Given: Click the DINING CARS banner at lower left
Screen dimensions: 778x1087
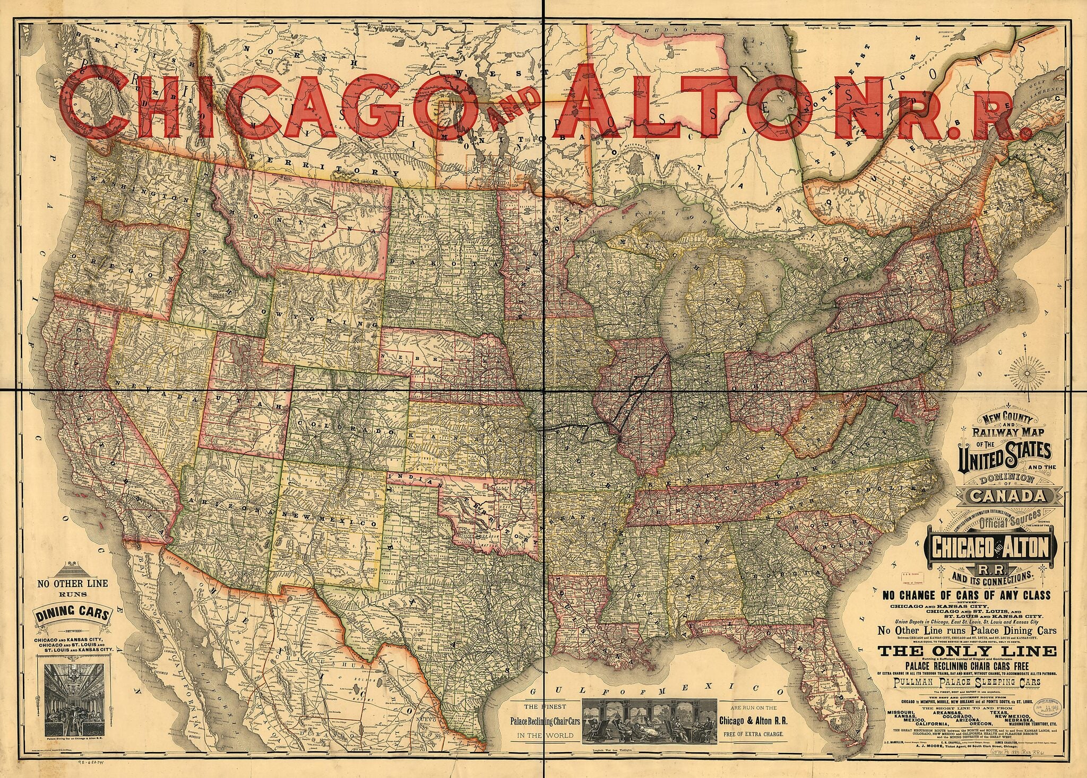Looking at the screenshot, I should point(74,615).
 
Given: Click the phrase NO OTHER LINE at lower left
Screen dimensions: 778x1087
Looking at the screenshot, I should point(72,583).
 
